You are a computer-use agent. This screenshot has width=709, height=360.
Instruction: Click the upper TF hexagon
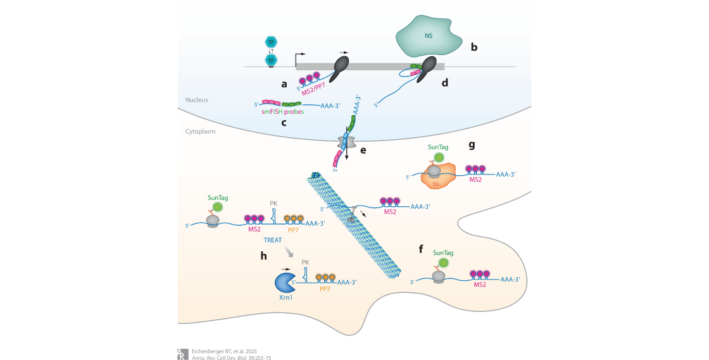[271, 42]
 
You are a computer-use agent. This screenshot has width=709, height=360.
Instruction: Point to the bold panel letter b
[474, 46]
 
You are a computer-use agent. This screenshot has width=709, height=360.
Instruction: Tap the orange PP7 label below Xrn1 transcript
[325, 289]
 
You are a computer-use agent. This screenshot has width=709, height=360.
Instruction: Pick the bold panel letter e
[363, 150]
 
